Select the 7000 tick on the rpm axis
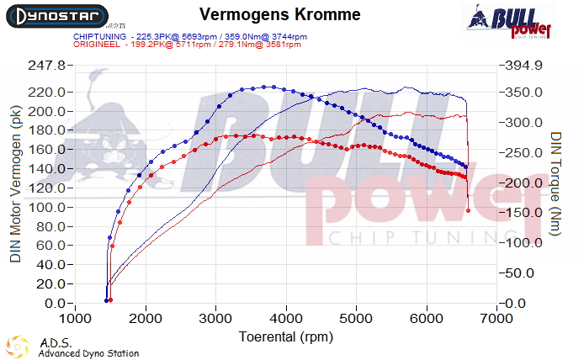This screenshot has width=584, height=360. (497, 320)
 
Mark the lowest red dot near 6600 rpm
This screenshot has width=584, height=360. (469, 210)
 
